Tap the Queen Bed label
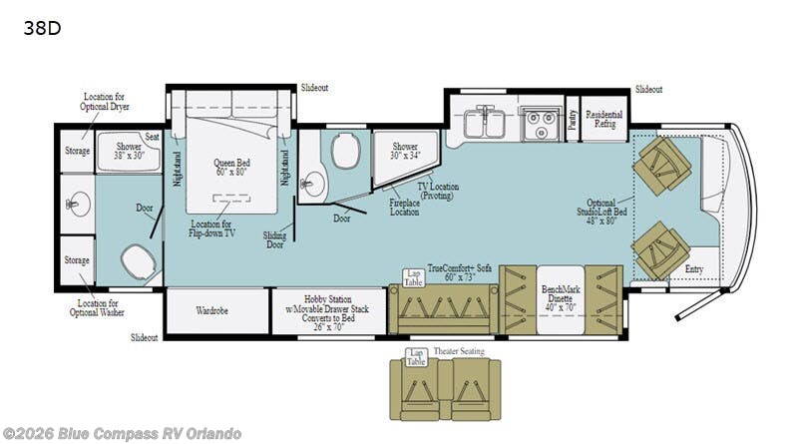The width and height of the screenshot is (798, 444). pyautogui.click(x=230, y=168)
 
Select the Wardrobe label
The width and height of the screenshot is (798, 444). pyautogui.click(x=211, y=310)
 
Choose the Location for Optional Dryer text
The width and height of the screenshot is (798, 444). pyautogui.click(x=106, y=101)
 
